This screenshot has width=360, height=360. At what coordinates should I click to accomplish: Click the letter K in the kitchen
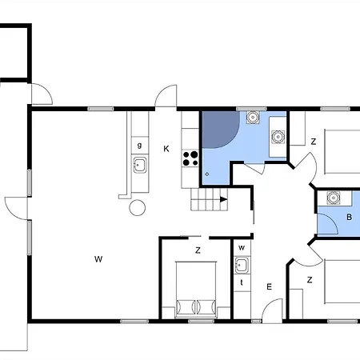click(x=166, y=149)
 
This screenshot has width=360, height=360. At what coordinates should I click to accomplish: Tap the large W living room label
click(x=98, y=259)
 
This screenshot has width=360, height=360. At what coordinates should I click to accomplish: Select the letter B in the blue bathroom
click(x=349, y=217)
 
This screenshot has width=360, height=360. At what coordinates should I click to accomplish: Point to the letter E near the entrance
click(x=270, y=287)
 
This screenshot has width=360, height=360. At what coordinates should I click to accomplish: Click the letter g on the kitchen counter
click(x=139, y=146)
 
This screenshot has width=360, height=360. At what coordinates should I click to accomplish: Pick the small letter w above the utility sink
click(x=242, y=248)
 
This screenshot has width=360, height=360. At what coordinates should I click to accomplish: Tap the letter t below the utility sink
click(x=242, y=282)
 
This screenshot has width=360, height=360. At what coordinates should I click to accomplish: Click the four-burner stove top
click(x=190, y=158)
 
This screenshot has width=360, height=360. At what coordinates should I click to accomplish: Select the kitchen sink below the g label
click(x=140, y=165)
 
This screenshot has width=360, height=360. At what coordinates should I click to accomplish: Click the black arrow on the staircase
click(x=223, y=199)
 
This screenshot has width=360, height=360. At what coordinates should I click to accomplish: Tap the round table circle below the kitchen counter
click(x=138, y=207)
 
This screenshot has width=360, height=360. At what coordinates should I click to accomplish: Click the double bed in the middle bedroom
click(x=196, y=290)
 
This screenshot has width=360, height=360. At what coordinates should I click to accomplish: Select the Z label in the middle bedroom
click(x=198, y=250)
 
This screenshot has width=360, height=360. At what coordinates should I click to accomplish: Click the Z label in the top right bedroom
click(x=314, y=142)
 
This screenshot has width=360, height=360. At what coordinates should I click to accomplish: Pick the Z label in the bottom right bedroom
click(x=310, y=280)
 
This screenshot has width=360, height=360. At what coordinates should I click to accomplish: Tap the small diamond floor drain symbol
click(x=207, y=174)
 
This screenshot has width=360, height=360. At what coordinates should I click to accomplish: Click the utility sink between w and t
click(x=242, y=265)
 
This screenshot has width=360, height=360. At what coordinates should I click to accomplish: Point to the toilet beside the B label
click(x=333, y=198)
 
